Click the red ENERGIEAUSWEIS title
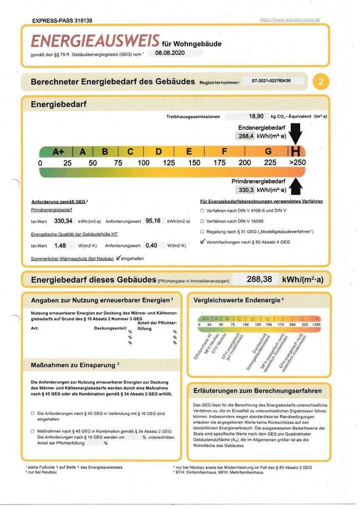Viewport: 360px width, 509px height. pos(95,41)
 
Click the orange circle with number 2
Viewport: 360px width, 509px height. pos(321,82)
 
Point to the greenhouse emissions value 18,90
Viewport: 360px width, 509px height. pos(256,116)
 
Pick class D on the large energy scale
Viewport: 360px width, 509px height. pos(159,151)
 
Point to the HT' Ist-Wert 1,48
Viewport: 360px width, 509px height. pos(60,245)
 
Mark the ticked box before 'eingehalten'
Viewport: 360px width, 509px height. pos(118,257)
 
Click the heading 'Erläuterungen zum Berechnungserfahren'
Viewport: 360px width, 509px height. pos(258,391)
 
